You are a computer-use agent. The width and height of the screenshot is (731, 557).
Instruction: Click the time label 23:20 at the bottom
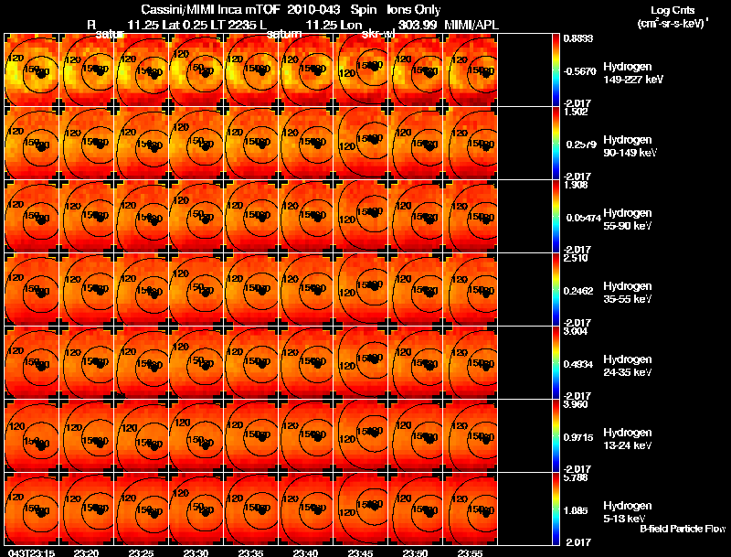(x=86, y=552)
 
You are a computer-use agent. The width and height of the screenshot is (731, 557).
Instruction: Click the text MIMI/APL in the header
(x=471, y=23)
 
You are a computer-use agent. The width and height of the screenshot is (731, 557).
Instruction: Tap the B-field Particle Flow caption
(x=683, y=529)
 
